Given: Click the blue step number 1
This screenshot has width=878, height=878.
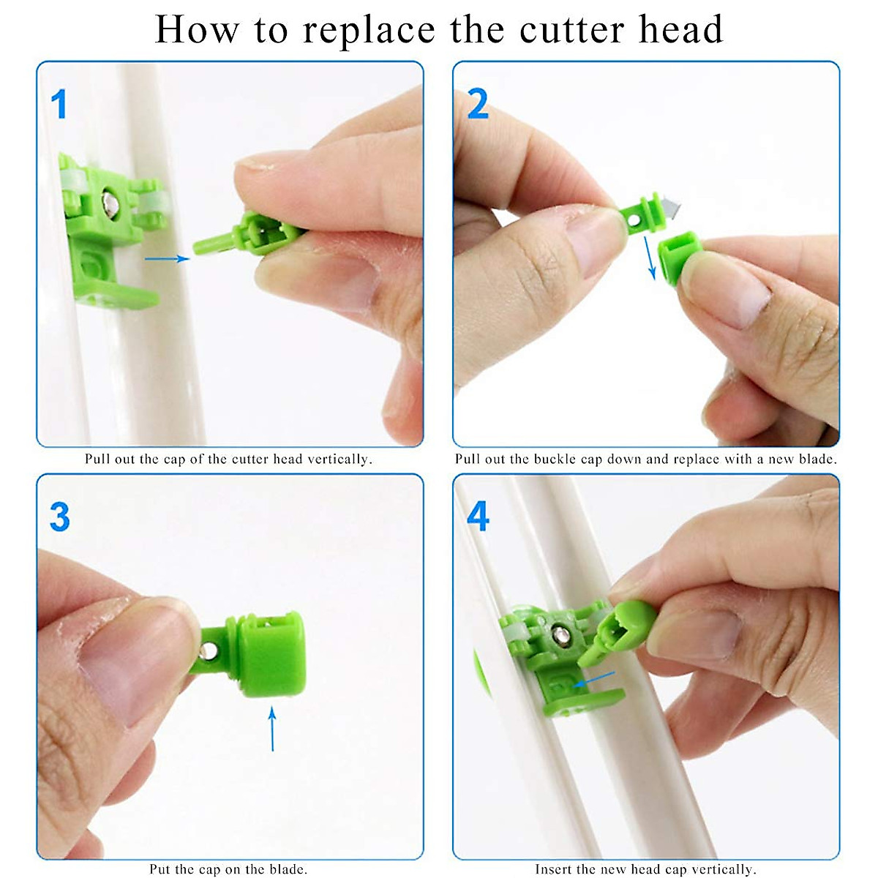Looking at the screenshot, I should tap(59, 104).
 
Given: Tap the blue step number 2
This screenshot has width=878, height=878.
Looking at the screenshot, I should tap(477, 104).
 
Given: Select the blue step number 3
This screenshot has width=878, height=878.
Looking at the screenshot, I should tap(59, 517).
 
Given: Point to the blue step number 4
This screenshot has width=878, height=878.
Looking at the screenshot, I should tap(478, 517).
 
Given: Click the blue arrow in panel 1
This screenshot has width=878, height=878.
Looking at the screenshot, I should tap(167, 258).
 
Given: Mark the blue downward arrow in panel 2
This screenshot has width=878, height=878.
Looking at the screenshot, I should tap(649, 257).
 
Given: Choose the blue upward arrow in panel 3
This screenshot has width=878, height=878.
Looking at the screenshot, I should tap(272, 728).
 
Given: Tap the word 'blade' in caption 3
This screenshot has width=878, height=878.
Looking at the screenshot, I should tap(288, 869).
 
